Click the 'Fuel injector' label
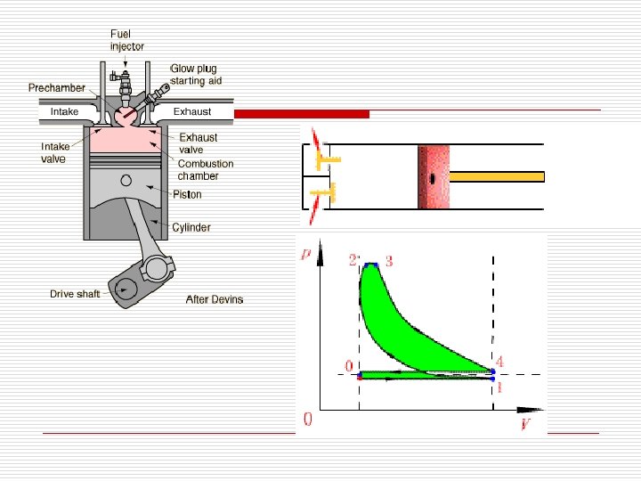pos(126,40)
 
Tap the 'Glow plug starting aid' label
pos(195,75)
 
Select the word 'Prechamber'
pos(57,88)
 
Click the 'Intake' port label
pos(64,112)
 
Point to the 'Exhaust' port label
pos(191,112)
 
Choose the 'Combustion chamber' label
pos(205,170)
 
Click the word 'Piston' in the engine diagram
pos(187,194)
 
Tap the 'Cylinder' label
pos(191,228)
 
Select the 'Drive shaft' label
pos(75,294)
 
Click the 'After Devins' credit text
pos(214,299)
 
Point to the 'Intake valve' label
pos(54,152)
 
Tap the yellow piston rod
pos(497,176)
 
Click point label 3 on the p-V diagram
pos(389,260)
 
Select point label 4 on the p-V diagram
pos(499,362)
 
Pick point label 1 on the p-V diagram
pos(499,387)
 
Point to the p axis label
pos(307,254)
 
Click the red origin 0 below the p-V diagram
pos(308,419)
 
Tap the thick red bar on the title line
pos(302,114)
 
